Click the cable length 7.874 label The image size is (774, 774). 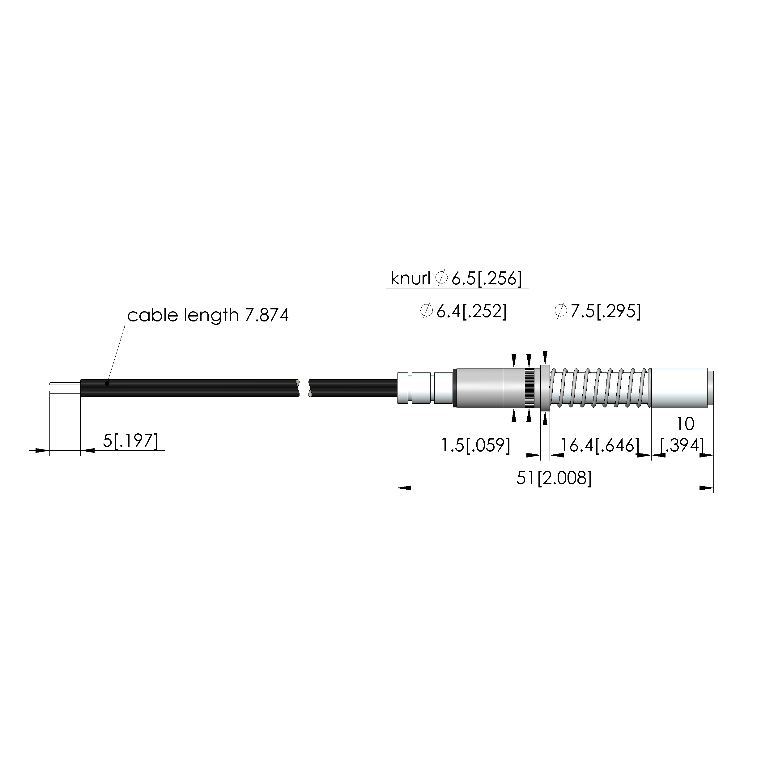(x=207, y=316)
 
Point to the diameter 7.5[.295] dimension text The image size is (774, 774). (x=597, y=311)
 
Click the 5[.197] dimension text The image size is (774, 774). (x=131, y=441)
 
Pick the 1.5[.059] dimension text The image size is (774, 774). (x=475, y=445)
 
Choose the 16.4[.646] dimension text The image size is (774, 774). (x=600, y=445)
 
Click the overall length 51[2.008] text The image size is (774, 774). (x=554, y=478)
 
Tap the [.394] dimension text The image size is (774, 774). (x=682, y=445)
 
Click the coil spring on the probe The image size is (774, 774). (x=600, y=387)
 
